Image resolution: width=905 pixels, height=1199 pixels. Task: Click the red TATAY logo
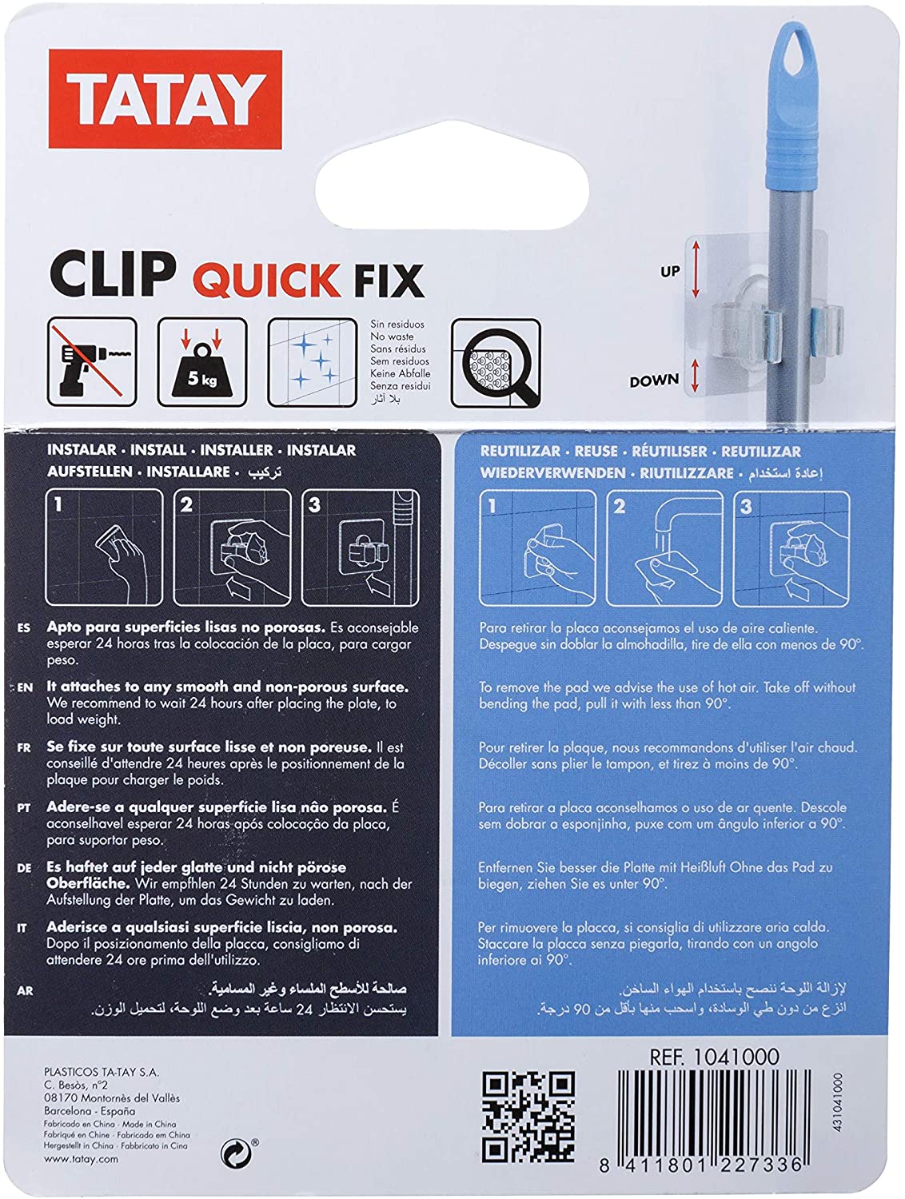tap(165, 98)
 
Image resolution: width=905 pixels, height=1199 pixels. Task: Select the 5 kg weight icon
tap(202, 361)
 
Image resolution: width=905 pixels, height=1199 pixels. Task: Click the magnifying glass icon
tap(496, 361)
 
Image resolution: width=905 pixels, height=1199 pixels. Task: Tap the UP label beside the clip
tap(670, 272)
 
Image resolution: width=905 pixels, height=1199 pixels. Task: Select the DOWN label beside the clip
tap(653, 381)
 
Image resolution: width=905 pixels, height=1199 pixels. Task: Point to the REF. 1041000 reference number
tap(714, 1057)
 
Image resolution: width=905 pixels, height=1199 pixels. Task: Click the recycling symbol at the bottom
tap(233, 1152)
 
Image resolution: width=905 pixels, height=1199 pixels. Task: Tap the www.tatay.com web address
tap(82, 1159)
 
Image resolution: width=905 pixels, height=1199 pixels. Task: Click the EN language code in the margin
tap(25, 687)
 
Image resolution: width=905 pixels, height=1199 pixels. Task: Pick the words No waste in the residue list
tap(389, 337)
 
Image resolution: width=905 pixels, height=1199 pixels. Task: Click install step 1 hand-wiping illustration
tap(105, 548)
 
